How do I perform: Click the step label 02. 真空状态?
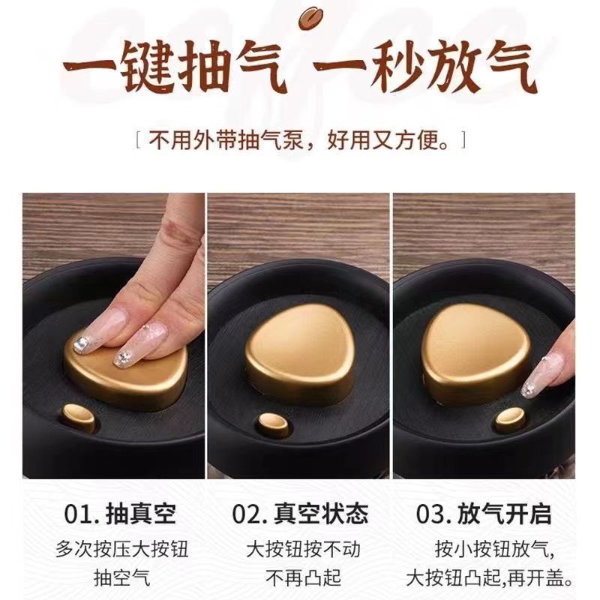tap(300, 514)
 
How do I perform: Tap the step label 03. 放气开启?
tap(484, 514)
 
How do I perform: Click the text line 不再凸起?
tap(301, 578)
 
